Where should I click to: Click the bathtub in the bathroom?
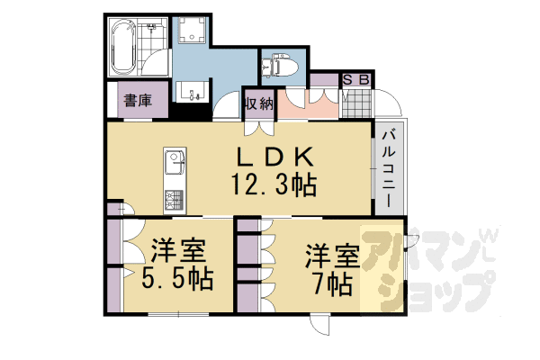coord(124,49)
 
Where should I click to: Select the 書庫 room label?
coord(137,101)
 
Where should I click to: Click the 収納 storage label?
coord(258,103)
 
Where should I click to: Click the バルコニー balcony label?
coord(389,168)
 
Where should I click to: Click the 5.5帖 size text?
coord(176,277)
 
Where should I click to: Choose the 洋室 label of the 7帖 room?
coord(332,255)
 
